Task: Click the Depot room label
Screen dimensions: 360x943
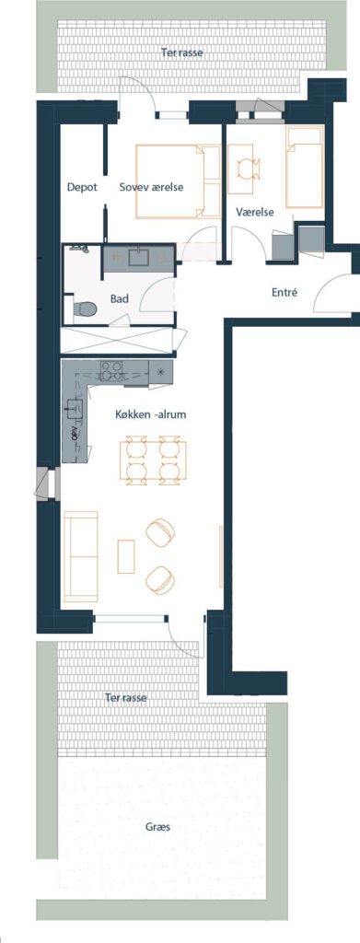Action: click(x=82, y=187)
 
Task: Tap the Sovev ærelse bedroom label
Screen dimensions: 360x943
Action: click(x=151, y=187)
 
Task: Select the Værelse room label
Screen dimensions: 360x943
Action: click(x=255, y=213)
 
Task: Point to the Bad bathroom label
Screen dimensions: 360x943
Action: click(x=119, y=298)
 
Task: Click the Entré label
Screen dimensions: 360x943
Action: click(x=285, y=293)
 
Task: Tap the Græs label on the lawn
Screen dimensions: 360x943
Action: click(x=157, y=827)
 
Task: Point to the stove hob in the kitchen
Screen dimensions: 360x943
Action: click(x=110, y=370)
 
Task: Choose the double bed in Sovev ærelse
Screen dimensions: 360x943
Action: click(x=179, y=181)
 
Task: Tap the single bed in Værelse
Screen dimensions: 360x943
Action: click(x=304, y=168)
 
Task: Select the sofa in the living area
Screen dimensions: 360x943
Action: click(x=80, y=556)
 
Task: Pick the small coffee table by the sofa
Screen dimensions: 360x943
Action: click(x=126, y=556)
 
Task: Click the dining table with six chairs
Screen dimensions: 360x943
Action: click(x=153, y=460)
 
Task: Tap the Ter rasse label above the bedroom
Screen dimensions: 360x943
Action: click(x=181, y=52)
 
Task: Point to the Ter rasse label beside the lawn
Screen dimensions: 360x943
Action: click(x=125, y=698)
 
